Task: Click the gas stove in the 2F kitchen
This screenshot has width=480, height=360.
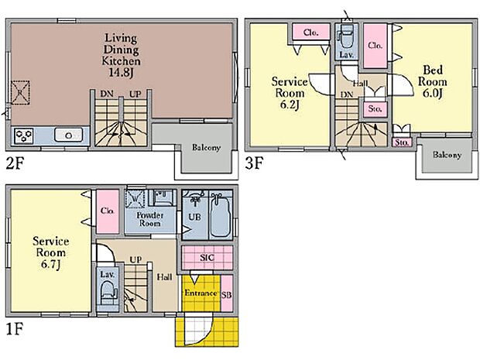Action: point(24,136)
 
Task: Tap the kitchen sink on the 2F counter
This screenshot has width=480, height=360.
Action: point(69,135)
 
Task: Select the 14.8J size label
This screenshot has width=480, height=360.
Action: point(122,73)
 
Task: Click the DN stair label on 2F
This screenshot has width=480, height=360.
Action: point(107,94)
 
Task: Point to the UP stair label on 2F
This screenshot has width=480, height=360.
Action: point(135,94)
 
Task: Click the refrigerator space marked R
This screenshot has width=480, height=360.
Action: point(20,93)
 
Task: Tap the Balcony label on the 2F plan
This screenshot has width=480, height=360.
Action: point(206,148)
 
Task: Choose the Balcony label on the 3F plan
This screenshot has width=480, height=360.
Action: point(447,155)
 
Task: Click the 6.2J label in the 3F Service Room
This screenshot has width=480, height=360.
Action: point(290,105)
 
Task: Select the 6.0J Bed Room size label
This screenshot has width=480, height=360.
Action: point(432,94)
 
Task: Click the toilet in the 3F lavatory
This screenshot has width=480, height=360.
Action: point(346,36)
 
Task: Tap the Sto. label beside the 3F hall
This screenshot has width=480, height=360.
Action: point(375,108)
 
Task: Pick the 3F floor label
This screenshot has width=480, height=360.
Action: point(254,163)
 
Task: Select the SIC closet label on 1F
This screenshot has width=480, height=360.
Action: point(207,258)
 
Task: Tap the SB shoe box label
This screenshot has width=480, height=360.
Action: point(227,295)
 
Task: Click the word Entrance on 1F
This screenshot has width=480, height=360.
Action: point(201,293)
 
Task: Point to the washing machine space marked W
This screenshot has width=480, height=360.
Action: point(135,199)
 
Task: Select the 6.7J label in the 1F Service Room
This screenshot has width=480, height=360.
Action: point(50,264)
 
